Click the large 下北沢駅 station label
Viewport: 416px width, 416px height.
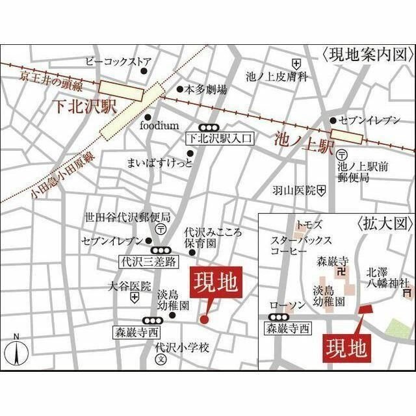[82, 105]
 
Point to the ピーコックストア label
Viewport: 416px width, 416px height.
[116, 62]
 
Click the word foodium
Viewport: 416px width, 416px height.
[159, 125]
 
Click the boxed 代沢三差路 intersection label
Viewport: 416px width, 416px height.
[149, 262]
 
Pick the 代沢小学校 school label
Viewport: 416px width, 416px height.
[182, 348]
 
